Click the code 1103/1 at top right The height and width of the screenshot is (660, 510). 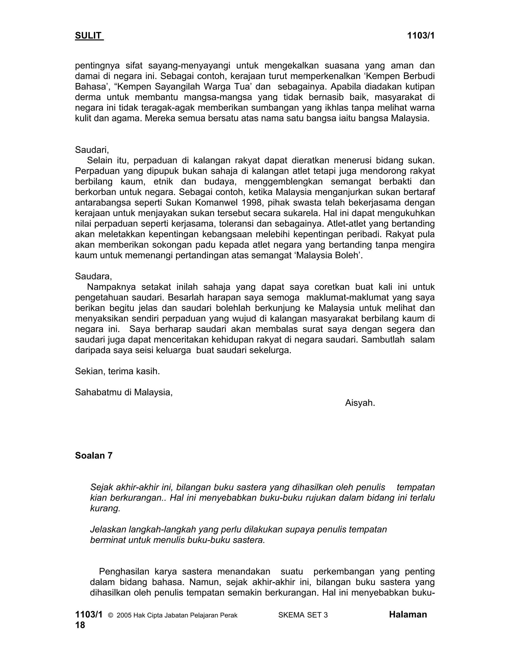pyautogui.click(x=421, y=36)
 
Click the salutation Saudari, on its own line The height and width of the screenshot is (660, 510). pyautogui.click(x=92, y=150)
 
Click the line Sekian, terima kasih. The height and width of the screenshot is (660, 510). pyautogui.click(x=117, y=371)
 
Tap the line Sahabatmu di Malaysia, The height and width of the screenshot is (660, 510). pyautogui.click(x=124, y=392)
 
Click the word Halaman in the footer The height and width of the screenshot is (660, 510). pyautogui.click(x=408, y=615)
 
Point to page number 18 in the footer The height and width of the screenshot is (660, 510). pyautogui.click(x=80, y=625)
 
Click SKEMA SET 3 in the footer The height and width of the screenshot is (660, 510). pyautogui.click(x=303, y=615)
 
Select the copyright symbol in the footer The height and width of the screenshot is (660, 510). pyautogui.click(x=110, y=615)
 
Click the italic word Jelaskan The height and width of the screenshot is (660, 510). pyautogui.click(x=108, y=529)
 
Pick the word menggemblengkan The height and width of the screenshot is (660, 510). pyautogui.click(x=283, y=182)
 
